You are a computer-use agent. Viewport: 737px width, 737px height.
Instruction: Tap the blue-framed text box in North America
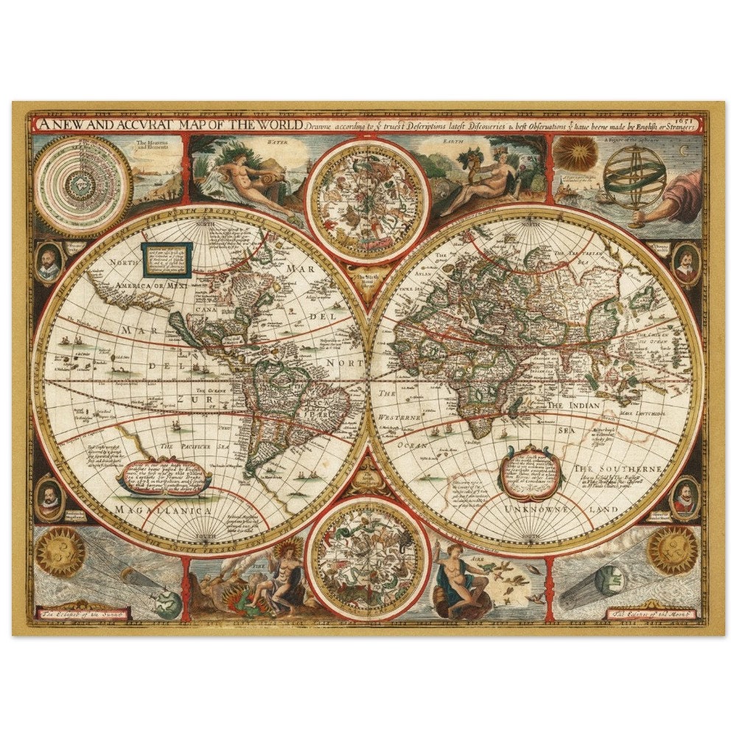click(x=167, y=259)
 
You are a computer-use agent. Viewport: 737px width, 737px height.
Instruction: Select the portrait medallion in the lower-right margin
click(x=685, y=497)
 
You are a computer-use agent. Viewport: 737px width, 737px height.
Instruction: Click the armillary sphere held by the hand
click(x=634, y=178)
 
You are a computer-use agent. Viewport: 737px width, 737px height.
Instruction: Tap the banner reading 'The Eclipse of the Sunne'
click(x=85, y=612)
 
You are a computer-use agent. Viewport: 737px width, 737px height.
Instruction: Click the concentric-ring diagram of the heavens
click(x=81, y=182)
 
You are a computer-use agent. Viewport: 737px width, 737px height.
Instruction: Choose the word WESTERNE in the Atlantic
click(x=399, y=418)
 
